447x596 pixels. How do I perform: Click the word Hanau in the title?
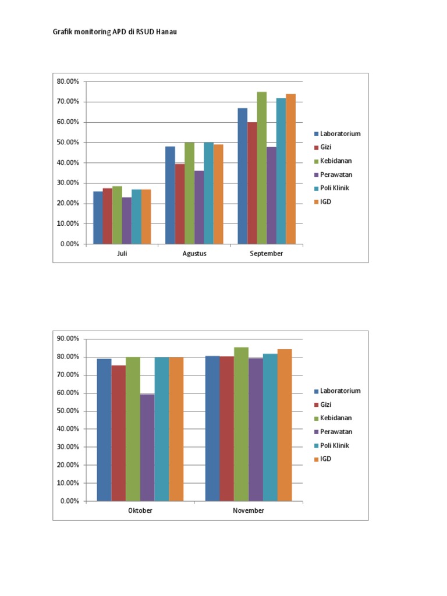[x=166, y=32]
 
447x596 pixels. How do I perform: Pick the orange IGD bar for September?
[x=290, y=169]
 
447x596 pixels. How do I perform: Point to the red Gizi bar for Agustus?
[x=180, y=204]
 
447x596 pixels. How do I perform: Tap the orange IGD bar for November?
[x=285, y=425]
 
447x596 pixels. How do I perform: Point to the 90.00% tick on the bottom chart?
[x=68, y=339]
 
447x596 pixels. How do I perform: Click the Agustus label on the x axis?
[x=194, y=254]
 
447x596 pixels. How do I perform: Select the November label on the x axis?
[x=249, y=510]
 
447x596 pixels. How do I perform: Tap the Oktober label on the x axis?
[x=140, y=510]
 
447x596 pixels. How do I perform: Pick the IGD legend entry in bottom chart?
[x=326, y=459]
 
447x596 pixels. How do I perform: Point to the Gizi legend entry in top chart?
[x=325, y=147]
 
